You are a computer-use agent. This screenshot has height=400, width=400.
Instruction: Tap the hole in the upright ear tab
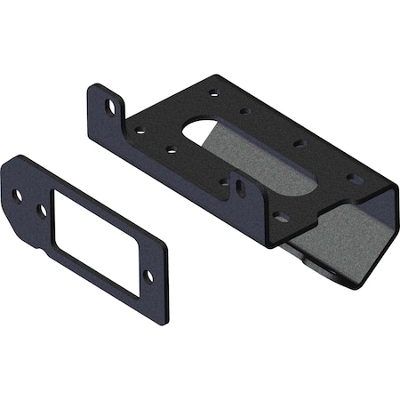pyautogui.click(x=111, y=105)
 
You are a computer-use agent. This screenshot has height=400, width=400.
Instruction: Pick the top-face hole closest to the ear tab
pyautogui.click(x=140, y=130)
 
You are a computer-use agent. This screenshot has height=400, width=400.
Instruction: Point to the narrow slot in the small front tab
pyautogui.click(x=239, y=186)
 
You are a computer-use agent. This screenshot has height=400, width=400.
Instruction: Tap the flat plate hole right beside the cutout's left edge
pyautogui.click(x=41, y=211)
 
